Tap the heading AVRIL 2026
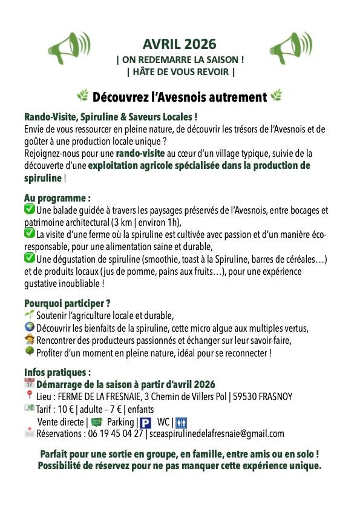[180, 44]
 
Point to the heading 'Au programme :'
[57, 199]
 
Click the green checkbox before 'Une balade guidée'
[30, 209]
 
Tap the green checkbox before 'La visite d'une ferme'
[30, 233]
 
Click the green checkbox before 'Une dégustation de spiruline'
[30, 257]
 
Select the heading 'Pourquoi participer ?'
[68, 303]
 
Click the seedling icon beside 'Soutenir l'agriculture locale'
[29, 315]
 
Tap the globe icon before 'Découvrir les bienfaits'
[30, 327]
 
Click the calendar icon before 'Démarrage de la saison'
[30, 384]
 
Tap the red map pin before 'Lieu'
[30, 396]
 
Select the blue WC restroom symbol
[185, 422]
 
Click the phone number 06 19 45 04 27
[115, 433]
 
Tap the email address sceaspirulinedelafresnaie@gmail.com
[216, 433]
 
